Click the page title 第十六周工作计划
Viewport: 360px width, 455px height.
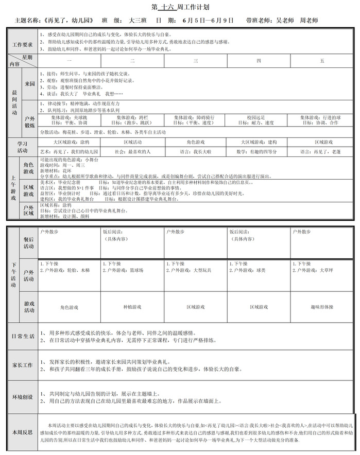pos(180,8)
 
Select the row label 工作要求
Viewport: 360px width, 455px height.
pos(23,45)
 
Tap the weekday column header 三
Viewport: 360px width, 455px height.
pos(196,61)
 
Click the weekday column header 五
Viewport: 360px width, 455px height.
pos(322,61)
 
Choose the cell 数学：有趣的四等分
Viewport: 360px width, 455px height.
pos(257,152)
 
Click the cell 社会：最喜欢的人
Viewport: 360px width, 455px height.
pos(132,152)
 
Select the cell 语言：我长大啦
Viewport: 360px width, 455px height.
pos(195,152)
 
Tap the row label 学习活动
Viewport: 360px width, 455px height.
pos(23,147)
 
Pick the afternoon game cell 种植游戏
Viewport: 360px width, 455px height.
pos(132,307)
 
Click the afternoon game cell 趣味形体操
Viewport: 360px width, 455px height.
pos(322,307)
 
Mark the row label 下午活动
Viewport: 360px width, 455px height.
pos(14,275)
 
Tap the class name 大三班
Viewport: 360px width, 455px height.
pos(138,21)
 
